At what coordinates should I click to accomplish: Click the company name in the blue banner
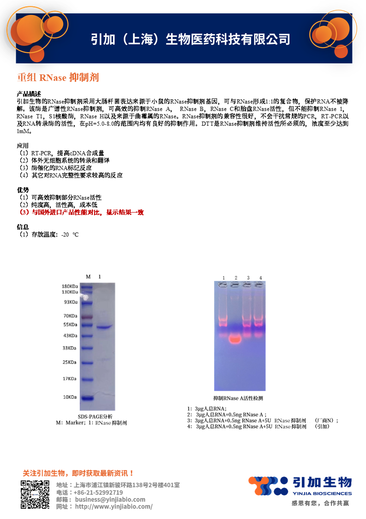(190, 39)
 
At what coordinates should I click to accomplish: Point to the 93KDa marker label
(71, 302)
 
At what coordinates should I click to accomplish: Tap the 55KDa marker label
(71, 325)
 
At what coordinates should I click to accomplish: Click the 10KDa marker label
(71, 397)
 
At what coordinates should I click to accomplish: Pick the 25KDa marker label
(71, 362)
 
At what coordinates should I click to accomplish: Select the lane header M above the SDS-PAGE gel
(88, 276)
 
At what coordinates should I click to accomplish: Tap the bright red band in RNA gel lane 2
(235, 339)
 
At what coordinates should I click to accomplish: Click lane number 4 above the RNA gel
(260, 277)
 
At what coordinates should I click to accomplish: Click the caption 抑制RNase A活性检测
(238, 398)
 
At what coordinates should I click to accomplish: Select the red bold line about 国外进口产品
(81, 213)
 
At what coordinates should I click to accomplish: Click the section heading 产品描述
(29, 93)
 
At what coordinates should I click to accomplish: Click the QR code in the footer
(35, 495)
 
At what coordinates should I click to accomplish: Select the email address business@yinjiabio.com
(110, 499)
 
